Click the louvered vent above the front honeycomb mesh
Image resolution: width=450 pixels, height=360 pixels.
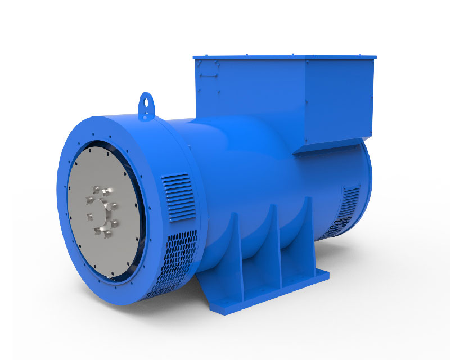(x=177, y=190)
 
